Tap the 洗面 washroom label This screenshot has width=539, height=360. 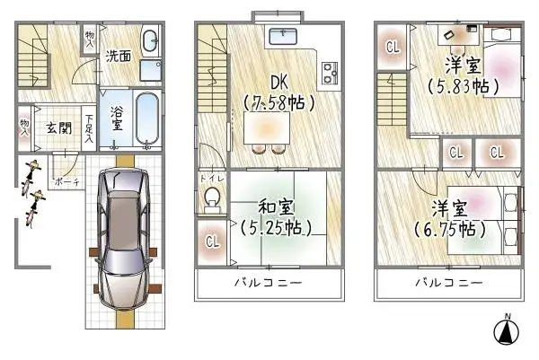click(118, 55)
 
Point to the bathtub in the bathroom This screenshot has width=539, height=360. click(146, 116)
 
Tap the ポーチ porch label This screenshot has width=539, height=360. click(64, 180)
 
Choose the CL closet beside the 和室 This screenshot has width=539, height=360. click(212, 241)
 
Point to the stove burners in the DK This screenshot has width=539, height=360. click(326, 72)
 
